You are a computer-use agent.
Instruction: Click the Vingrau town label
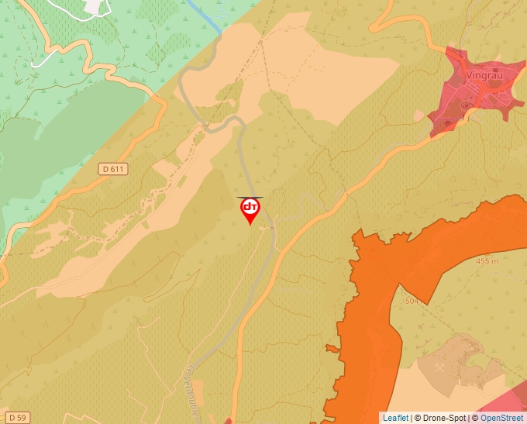(485, 75)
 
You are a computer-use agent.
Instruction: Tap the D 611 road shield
(113, 168)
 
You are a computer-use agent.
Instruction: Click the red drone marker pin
(250, 210)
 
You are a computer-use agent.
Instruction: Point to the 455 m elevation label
(487, 261)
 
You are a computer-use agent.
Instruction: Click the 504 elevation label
(411, 300)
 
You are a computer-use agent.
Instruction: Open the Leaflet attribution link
(395, 418)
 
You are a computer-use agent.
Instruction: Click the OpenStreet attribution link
(502, 418)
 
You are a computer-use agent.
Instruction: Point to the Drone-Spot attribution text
(444, 418)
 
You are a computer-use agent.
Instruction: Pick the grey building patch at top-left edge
(94, 6)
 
